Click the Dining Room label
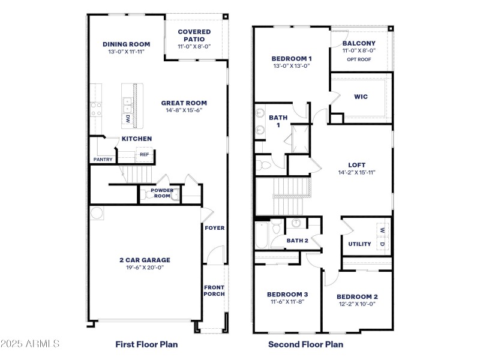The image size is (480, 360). coord(126,44)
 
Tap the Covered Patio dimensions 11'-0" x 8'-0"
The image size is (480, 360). coord(194,47)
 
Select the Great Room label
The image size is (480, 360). coord(184,103)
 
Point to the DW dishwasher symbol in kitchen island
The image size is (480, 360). coord(128,119)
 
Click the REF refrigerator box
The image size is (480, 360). coord(144,155)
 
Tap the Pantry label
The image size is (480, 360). coord(103,160)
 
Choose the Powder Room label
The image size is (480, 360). coord(161,193)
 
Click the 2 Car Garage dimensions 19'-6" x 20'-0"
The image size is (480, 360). coord(145,268)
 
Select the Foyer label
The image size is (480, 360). coord(214,228)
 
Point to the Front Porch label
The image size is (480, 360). coord(214,290)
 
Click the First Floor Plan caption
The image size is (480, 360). coord(146,344)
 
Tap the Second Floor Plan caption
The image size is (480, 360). coord(305,344)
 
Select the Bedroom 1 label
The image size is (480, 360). coord(291,58)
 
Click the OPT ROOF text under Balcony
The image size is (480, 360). coord(359,59)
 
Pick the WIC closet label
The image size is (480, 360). coord(361,97)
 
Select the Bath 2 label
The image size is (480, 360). coord(297,241)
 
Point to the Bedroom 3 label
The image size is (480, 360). coord(287,294)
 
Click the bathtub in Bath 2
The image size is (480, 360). coord(262,236)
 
